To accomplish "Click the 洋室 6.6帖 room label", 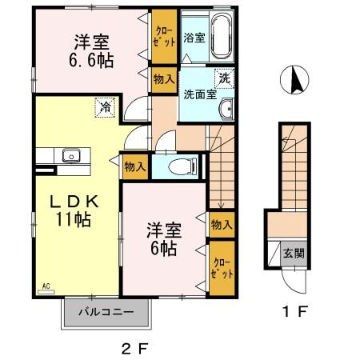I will pyautogui.click(x=93, y=50).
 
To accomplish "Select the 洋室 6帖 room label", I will pyautogui.click(x=163, y=239).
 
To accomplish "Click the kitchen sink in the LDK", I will pyautogui.click(x=68, y=154).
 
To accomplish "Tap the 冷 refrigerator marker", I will pyautogui.click(x=105, y=105).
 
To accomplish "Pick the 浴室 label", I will pyautogui.click(x=193, y=37).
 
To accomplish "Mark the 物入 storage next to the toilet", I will pyautogui.click(x=134, y=166).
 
